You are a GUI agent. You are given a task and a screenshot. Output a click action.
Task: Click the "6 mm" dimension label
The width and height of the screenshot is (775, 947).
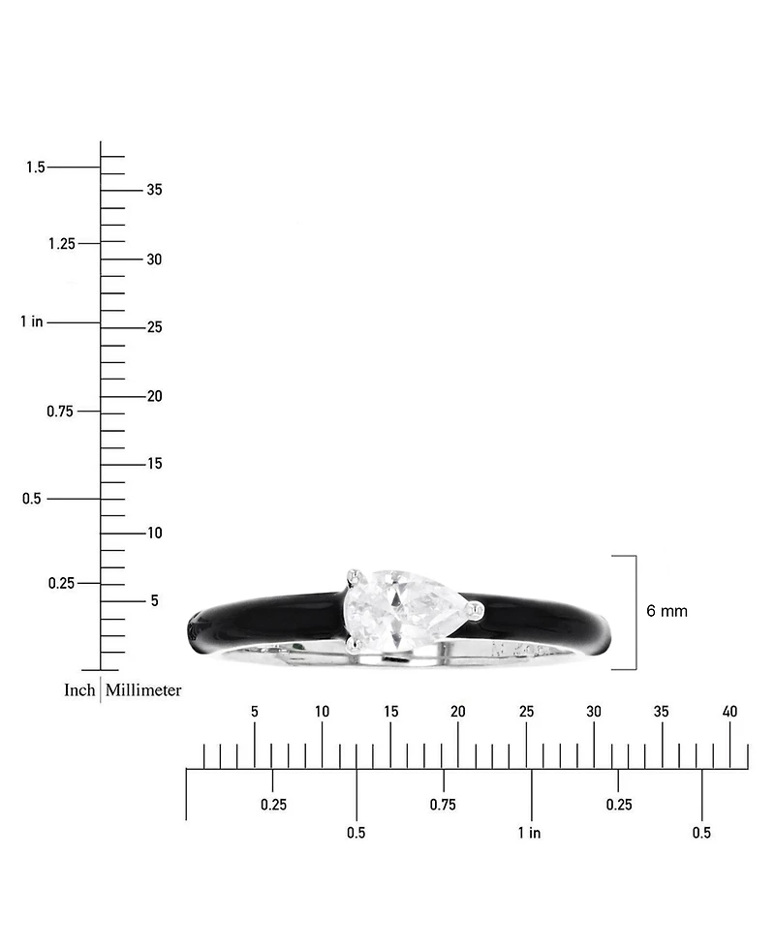pos(666,611)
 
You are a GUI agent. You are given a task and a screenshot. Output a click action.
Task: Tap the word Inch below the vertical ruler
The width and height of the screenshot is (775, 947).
pos(79,690)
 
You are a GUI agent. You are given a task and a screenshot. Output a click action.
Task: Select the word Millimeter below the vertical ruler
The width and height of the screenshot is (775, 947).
pos(143,690)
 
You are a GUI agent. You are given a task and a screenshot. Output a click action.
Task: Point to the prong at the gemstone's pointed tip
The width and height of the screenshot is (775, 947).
pos(478,611)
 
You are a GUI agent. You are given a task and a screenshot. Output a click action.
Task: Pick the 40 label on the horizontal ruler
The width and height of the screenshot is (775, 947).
pos(729,712)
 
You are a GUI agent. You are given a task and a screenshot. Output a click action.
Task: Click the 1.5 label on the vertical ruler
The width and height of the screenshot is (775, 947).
pos(36,167)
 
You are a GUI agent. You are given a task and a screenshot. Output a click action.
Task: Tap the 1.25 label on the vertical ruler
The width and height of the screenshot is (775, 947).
pos(62,244)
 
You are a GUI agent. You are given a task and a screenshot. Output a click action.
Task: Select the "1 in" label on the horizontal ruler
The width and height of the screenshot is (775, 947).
pos(529,833)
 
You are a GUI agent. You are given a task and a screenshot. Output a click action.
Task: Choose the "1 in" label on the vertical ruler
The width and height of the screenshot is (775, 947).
pos(32,321)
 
